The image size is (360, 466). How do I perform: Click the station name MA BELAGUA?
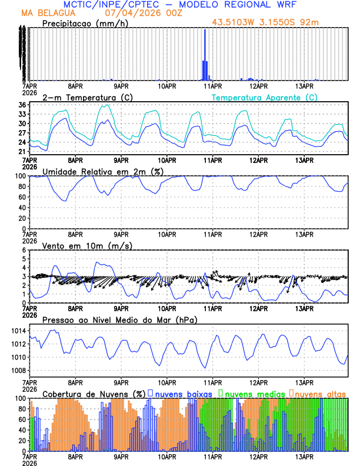(48, 12)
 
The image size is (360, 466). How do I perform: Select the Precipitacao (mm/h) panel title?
(84, 24)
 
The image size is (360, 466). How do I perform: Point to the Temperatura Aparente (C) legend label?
(264, 97)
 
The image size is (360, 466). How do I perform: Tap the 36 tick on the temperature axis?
(22, 105)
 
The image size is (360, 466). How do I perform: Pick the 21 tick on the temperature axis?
(22, 151)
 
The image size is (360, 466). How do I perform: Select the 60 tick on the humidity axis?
(22, 197)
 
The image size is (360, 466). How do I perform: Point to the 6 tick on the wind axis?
(24, 250)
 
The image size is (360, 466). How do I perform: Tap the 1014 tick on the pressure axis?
(18, 331)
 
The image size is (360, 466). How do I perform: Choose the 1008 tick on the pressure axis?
(18, 370)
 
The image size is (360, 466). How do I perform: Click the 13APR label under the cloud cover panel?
(304, 456)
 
